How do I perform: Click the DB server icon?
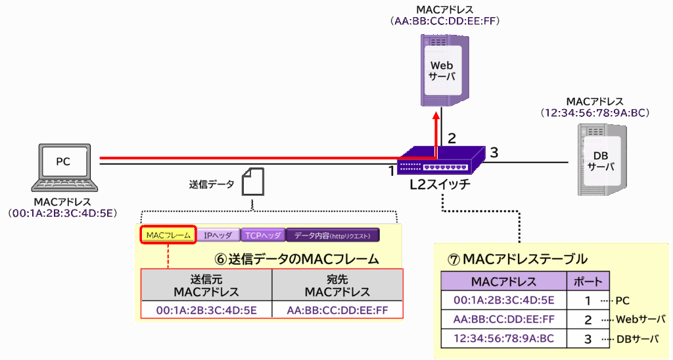[x=602, y=160]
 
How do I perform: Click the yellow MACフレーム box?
[x=168, y=236]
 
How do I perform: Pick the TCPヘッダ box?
[x=262, y=236]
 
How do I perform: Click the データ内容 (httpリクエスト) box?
[x=333, y=236]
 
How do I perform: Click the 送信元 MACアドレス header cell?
[x=206, y=285]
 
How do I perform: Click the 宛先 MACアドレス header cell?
[x=337, y=285]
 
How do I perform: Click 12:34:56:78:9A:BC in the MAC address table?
[x=503, y=339]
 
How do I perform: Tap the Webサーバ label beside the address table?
[x=639, y=320]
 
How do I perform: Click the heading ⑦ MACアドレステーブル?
[x=517, y=259]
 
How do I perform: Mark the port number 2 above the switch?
[x=452, y=138]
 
